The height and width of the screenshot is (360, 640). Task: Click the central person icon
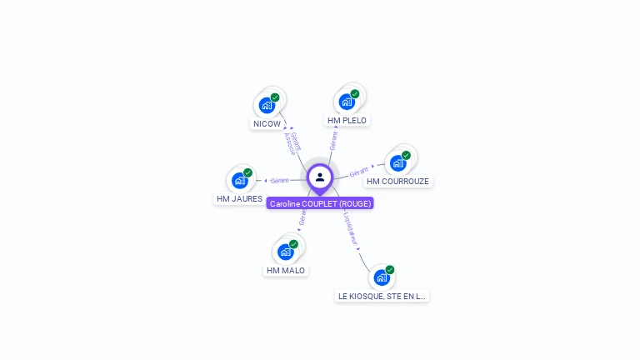coord(320,177)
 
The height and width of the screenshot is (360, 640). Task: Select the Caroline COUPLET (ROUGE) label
coord(320,203)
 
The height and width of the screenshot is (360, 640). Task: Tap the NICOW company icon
coord(267,105)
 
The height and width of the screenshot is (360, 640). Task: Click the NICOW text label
coord(267,124)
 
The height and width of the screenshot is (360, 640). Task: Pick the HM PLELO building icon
coord(347,102)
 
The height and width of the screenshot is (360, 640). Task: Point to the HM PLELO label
coord(347,121)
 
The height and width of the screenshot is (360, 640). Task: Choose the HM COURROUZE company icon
coord(398,162)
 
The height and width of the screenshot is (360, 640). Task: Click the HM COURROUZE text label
coord(398,182)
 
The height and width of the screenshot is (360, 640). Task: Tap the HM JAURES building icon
coord(240,180)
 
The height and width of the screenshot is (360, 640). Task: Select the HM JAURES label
coord(240,199)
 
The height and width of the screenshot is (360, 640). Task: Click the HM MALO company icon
coord(286,252)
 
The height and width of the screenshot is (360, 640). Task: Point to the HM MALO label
coord(286,271)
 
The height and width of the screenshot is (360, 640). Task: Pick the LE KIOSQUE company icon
coord(382,277)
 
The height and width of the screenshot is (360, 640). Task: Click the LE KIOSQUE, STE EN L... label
coord(382,296)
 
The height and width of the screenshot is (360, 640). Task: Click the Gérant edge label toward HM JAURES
coord(280,180)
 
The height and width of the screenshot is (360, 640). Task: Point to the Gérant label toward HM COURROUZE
coord(359,171)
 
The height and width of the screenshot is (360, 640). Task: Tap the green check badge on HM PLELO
coord(355,94)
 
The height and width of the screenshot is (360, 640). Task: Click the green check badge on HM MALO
coord(293,244)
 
